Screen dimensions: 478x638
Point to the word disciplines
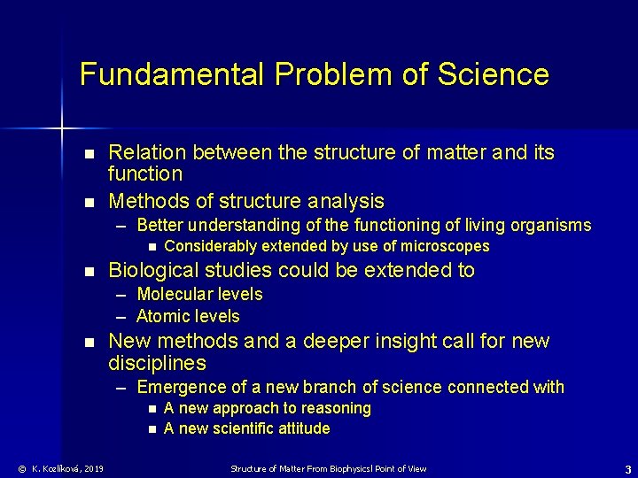pyautogui.click(x=157, y=364)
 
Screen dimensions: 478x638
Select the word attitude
pyautogui.click(x=300, y=428)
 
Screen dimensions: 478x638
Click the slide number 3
pyautogui.click(x=627, y=468)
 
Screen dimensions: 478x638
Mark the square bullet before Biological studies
pyautogui.click(x=88, y=271)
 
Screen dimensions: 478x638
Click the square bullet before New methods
pyautogui.click(x=88, y=342)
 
